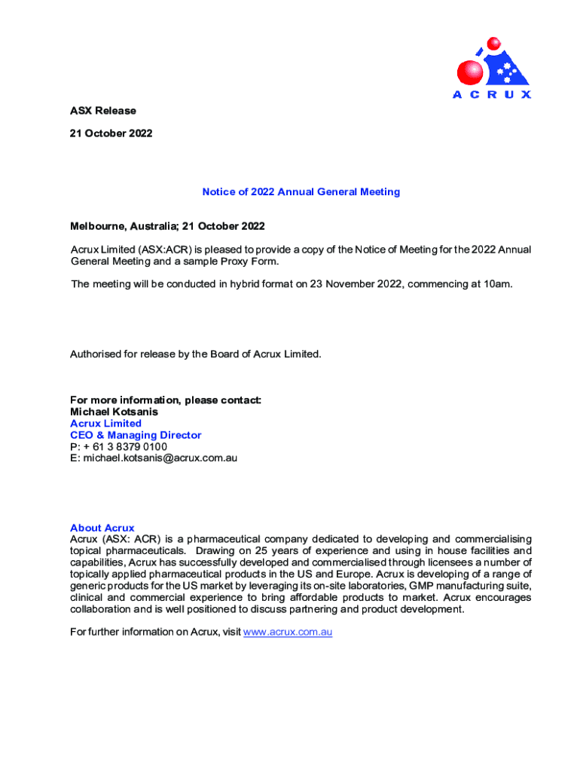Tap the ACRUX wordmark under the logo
(x=491, y=95)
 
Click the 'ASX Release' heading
(x=103, y=111)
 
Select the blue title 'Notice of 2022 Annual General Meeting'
(x=301, y=192)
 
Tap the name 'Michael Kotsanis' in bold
(x=114, y=412)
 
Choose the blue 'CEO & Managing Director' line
(x=136, y=435)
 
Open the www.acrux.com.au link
(x=287, y=633)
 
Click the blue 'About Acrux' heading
(x=102, y=528)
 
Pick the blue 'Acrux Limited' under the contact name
(x=105, y=424)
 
